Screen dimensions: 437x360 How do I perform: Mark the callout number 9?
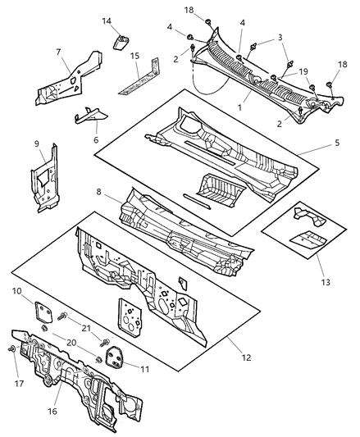(37, 146)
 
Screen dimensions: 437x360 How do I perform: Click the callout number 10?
(17, 291)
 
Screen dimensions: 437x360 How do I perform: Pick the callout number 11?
(146, 370)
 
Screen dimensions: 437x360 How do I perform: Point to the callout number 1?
(239, 107)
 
